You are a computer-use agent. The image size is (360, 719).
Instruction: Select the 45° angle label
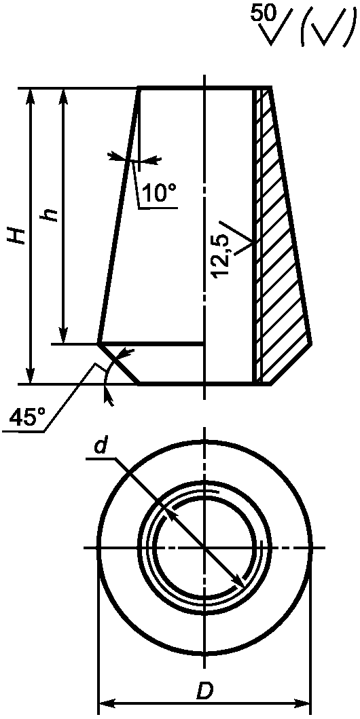(29, 418)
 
